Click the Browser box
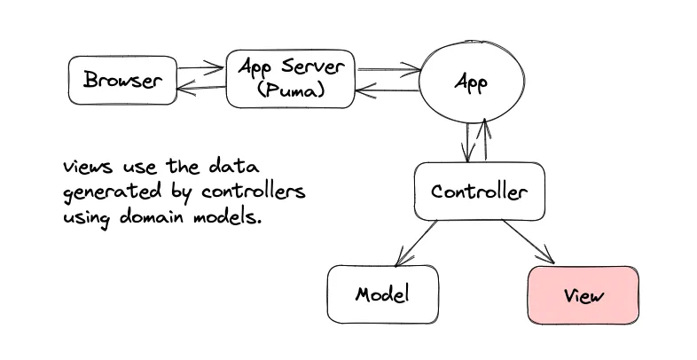122,81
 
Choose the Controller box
479,192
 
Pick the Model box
372,293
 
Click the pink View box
583,295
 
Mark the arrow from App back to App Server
388,90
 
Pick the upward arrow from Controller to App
484,142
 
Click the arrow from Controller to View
529,242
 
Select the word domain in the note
159,217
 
